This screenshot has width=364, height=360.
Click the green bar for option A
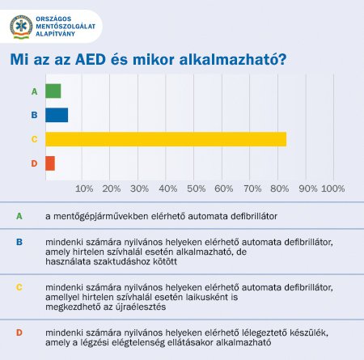pyautogui.click(x=53, y=91)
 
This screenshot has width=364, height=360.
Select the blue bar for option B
pyautogui.click(x=57, y=115)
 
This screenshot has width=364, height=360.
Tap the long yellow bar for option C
pyautogui.click(x=166, y=139)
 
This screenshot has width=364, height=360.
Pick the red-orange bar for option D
pyautogui.click(x=50, y=163)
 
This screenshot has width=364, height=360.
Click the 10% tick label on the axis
pyautogui.click(x=84, y=188)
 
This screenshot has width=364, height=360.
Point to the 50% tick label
pyautogui.click(x=197, y=188)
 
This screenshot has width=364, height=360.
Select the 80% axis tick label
pyautogui.click(x=280, y=188)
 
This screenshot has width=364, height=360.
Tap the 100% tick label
pyautogui.click(x=333, y=188)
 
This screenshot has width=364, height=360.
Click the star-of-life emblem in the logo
pyautogui.click(x=21, y=27)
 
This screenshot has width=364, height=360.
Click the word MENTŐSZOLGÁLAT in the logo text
pyautogui.click(x=66, y=27)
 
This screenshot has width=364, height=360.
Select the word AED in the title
pyautogui.click(x=91, y=59)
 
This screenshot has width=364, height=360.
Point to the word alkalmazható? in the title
pyautogui.click(x=233, y=60)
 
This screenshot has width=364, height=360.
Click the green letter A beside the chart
pyautogui.click(x=34, y=91)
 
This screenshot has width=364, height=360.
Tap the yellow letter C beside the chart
pyautogui.click(x=34, y=139)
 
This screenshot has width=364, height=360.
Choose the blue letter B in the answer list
pyautogui.click(x=19, y=242)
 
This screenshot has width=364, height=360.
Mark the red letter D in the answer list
pyautogui.click(x=19, y=332)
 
